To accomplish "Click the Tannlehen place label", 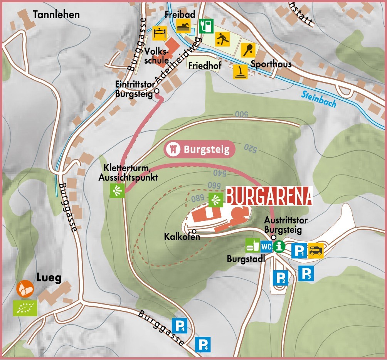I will point(56,15).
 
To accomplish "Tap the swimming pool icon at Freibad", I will point(183,27).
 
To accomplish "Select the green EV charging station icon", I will point(206,26).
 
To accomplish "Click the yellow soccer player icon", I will point(222,38).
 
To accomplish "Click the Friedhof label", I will point(205,66).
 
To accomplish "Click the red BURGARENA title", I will point(269,196).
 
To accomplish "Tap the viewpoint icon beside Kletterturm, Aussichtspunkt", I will point(116,191).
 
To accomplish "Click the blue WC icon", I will point(266,246).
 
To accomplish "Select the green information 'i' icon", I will point(278,246).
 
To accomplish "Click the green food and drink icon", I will point(253,245).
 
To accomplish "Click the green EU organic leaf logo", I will point(25,308).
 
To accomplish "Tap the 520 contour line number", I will point(250,148).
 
